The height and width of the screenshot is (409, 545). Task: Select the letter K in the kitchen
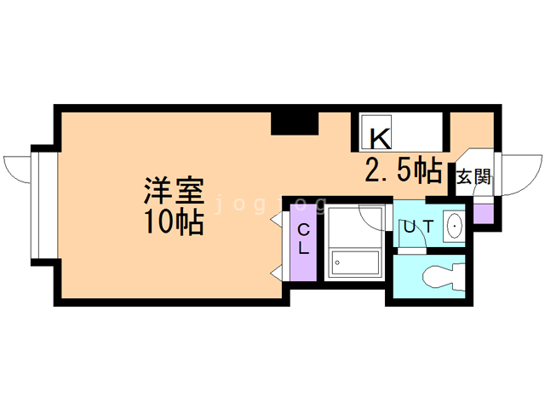(x=380, y=137)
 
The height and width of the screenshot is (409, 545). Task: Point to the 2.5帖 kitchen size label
(x=403, y=170)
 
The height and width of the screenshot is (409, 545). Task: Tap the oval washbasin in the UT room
(x=454, y=228)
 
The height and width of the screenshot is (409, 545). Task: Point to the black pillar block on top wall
(x=295, y=123)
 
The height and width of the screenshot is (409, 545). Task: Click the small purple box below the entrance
(x=483, y=212)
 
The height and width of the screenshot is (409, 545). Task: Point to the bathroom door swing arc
(x=374, y=216)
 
